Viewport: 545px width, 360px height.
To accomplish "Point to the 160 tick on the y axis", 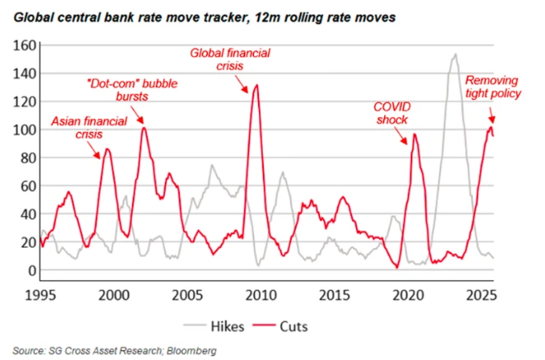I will point(24,46).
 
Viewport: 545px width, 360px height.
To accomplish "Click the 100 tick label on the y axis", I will point(24,130).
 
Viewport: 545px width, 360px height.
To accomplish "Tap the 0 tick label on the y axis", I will point(31,270).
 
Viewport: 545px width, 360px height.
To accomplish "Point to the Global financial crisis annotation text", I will point(230,60).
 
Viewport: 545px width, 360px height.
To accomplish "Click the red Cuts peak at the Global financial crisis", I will point(256,85).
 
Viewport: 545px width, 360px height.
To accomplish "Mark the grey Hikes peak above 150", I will point(455,54).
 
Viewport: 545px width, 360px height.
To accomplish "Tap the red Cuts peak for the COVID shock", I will point(415,134).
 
